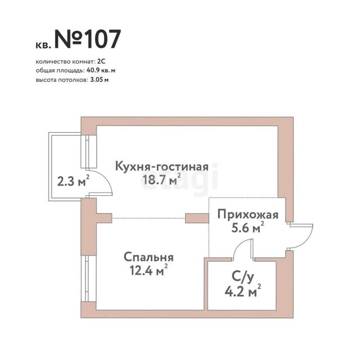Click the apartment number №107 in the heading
click(87, 39)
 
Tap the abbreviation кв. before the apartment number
click(43, 45)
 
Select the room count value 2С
click(101, 62)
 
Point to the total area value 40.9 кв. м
click(101, 70)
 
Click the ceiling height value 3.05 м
click(100, 80)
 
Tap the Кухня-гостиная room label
click(161, 166)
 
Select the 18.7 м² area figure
click(161, 179)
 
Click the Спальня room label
click(148, 258)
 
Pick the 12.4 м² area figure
click(148, 270)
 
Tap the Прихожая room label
click(248, 215)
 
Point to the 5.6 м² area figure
click(247, 227)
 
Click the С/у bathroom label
click(242, 277)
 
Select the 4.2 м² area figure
click(242, 292)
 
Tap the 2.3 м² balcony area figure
click(73, 181)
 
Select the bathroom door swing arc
click(238, 246)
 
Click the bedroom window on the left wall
click(87, 278)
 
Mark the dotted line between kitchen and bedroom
click(148, 218)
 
